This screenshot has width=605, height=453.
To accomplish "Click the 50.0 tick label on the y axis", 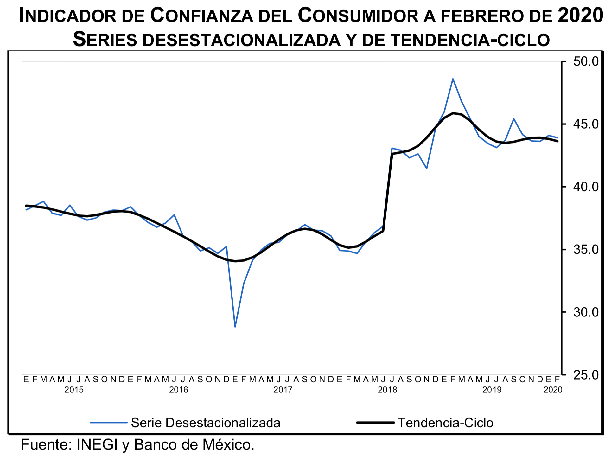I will pyautogui.click(x=586, y=61).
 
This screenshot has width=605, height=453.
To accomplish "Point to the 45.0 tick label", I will pyautogui.click(x=586, y=124).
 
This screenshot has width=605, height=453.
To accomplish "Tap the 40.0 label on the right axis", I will pyautogui.click(x=586, y=187).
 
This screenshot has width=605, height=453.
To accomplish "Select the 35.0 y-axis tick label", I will pyautogui.click(x=586, y=250).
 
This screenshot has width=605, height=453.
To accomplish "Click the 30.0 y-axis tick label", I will pyautogui.click(x=586, y=312).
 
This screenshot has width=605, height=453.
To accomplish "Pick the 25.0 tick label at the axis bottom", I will pyautogui.click(x=586, y=375).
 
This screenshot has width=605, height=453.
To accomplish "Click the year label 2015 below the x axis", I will pyautogui.click(x=74, y=390).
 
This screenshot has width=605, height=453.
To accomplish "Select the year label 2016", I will pyautogui.click(x=178, y=390).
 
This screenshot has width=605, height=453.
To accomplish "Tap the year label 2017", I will pyautogui.click(x=283, y=390).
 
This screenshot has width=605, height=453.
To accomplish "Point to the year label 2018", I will pyautogui.click(x=387, y=390).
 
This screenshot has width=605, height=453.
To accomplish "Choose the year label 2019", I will pyautogui.click(x=492, y=390).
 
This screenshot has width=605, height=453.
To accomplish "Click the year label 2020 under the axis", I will pyautogui.click(x=553, y=390).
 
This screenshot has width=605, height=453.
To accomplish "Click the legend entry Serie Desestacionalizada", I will pyautogui.click(x=205, y=423).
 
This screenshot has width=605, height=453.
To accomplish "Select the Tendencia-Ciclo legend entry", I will pyautogui.click(x=445, y=423).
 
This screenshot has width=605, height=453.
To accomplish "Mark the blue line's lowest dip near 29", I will pyautogui.click(x=235, y=327).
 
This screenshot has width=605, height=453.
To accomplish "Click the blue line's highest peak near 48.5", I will pyautogui.click(x=453, y=79).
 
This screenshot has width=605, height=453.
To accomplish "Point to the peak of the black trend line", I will pyautogui.click(x=453, y=113).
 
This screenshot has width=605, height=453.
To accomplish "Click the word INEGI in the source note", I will pyautogui.click(x=97, y=445).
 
